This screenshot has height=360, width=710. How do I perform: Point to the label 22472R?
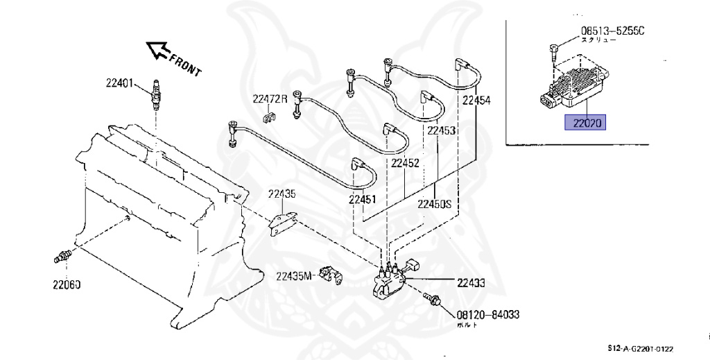pyautogui.click(x=269, y=99)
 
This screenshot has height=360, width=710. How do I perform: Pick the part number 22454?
pyautogui.click(x=476, y=100)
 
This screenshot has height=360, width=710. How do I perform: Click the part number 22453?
pyautogui.click(x=441, y=130)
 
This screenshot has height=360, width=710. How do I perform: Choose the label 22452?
pyautogui.click(x=405, y=164)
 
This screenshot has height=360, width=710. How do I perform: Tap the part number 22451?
pyautogui.click(x=363, y=200)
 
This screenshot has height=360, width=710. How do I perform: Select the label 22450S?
pyautogui.click(x=435, y=205)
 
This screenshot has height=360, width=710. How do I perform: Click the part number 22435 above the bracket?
pyautogui.click(x=283, y=195)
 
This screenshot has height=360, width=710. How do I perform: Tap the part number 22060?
pyautogui.click(x=67, y=282)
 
